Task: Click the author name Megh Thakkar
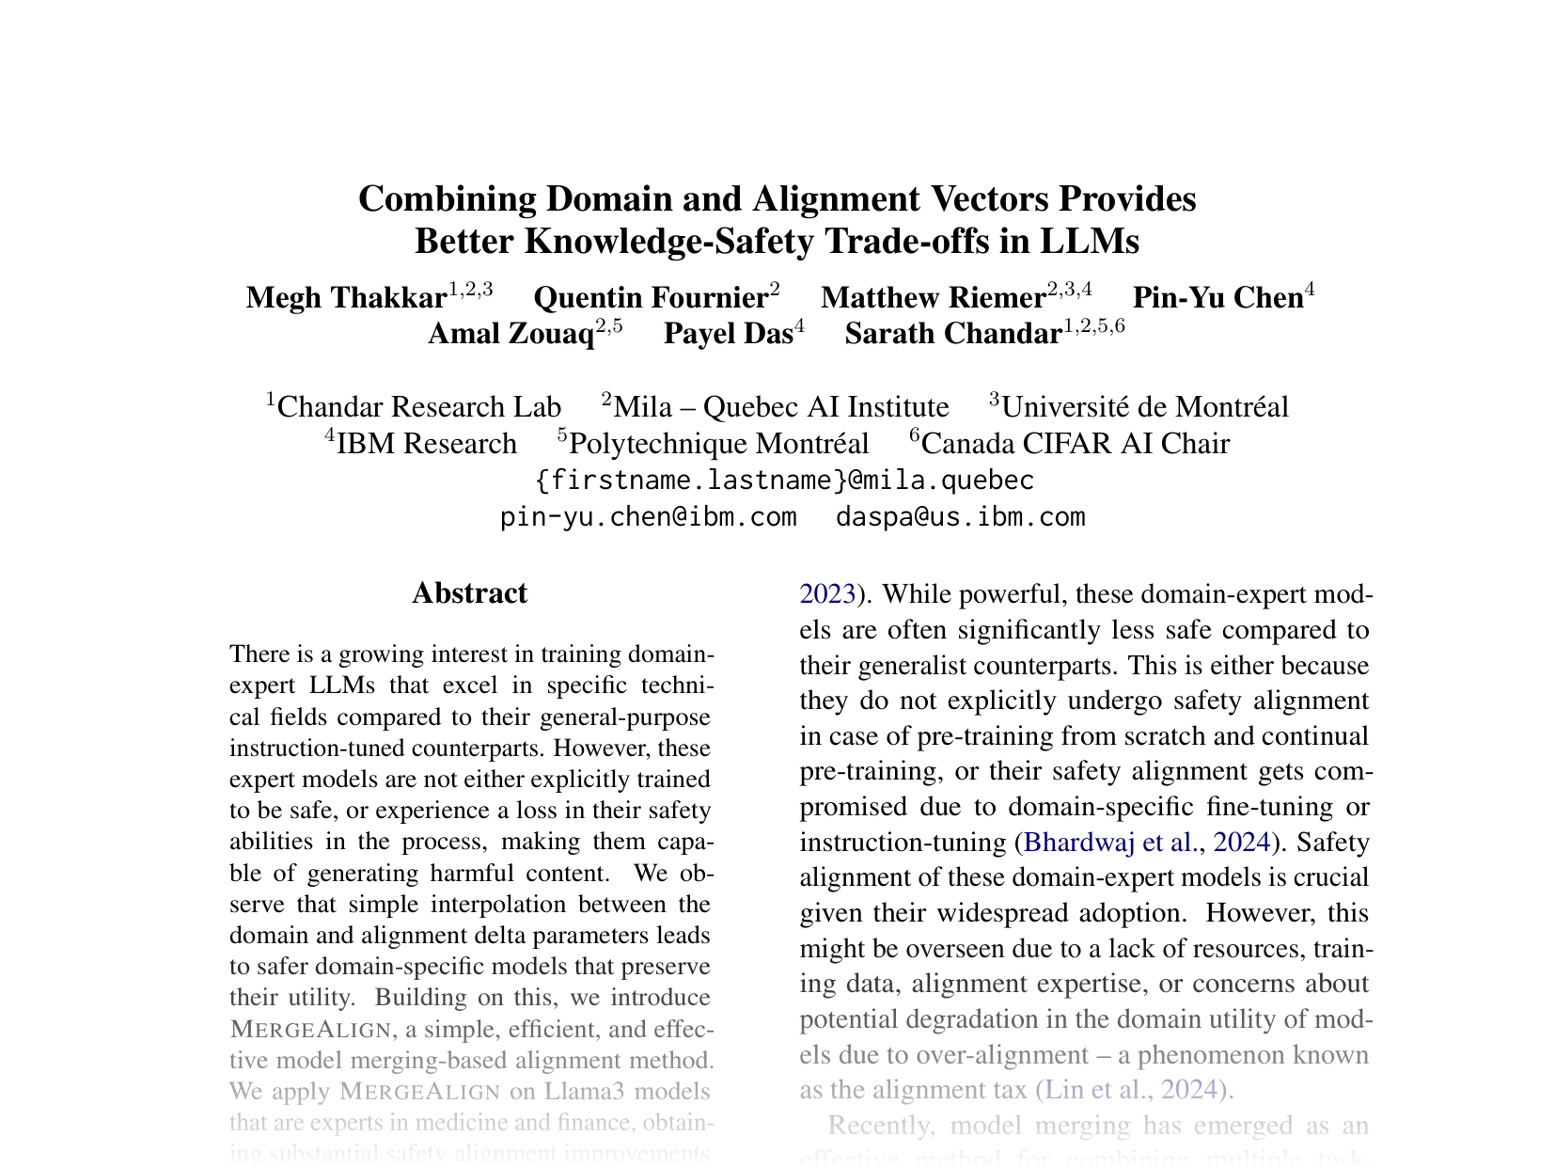345,298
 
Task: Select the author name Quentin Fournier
651,298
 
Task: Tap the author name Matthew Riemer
933,298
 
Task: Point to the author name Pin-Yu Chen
1217,298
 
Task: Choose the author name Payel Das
728,334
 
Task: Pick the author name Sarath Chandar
953,334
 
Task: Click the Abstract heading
469,593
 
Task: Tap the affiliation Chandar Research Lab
419,407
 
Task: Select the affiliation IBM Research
426,444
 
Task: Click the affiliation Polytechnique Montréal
719,444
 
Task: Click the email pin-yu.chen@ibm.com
649,517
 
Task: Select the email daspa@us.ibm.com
961,517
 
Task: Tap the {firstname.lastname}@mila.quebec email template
785,481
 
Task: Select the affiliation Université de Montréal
1144,407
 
